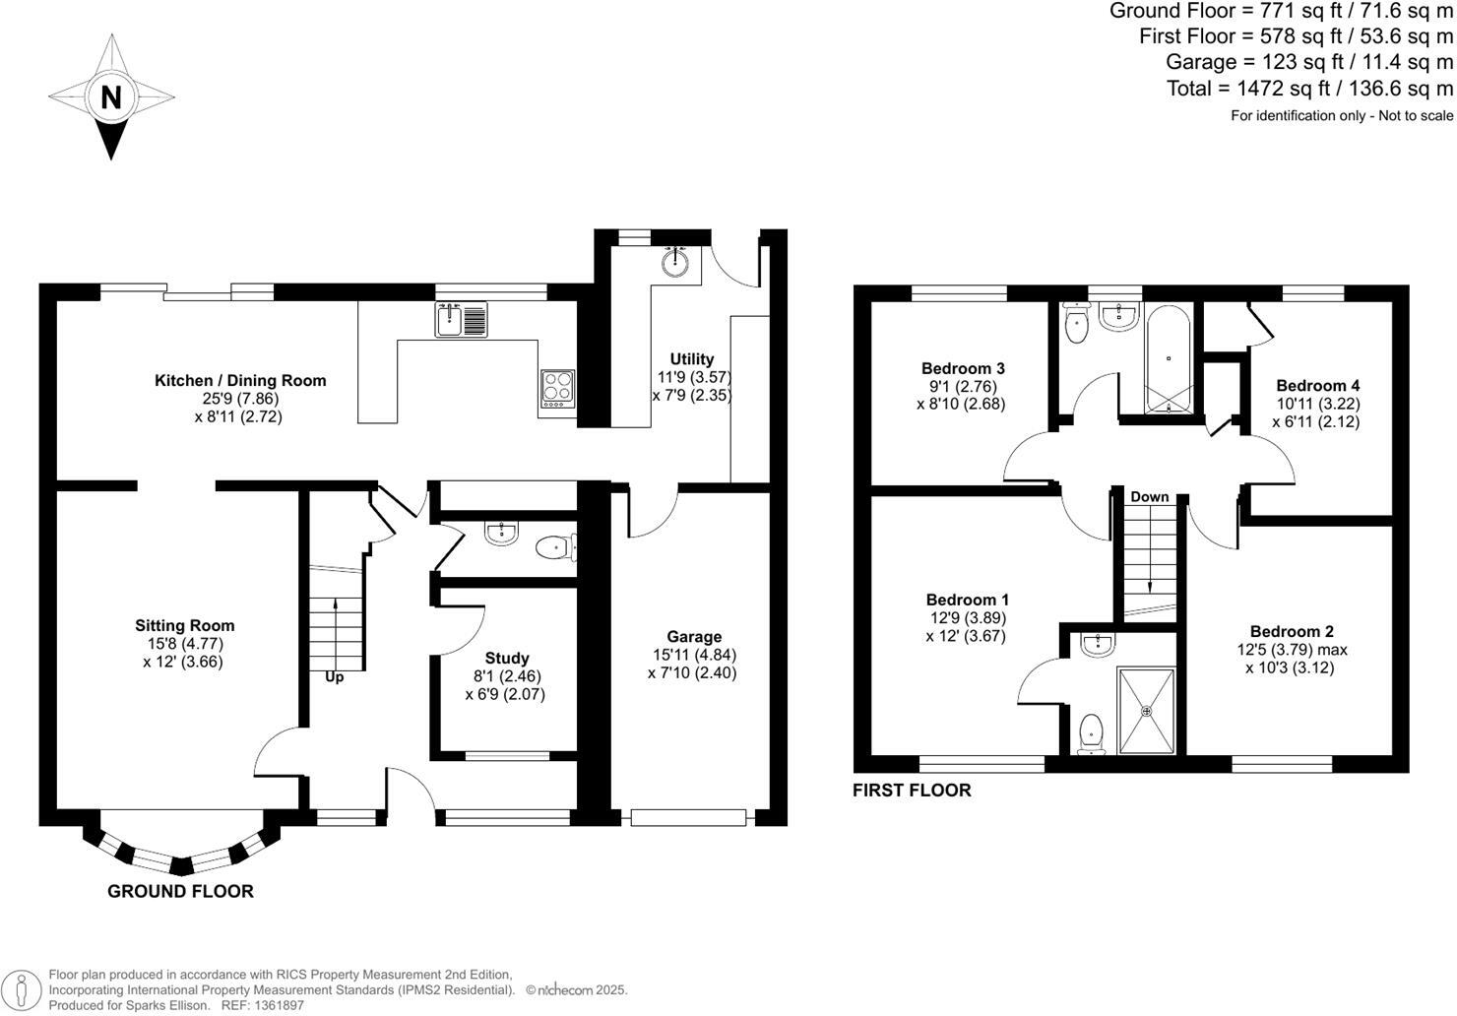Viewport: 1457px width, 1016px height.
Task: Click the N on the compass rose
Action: coord(111,97)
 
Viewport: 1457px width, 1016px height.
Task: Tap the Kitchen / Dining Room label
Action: coord(240,381)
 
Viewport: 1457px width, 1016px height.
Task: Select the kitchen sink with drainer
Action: coord(461,320)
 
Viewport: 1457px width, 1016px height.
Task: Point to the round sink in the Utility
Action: coord(675,263)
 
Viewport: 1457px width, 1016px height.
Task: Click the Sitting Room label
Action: coord(185,625)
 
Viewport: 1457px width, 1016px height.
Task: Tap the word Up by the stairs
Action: coord(335,677)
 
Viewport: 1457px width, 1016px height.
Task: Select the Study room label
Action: coord(507,659)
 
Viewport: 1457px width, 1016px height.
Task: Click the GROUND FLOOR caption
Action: coord(180,892)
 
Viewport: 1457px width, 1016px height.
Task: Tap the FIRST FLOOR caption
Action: coord(912,791)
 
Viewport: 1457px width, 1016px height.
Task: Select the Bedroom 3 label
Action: coord(963,368)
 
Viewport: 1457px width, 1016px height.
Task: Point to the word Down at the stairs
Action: coord(1149,497)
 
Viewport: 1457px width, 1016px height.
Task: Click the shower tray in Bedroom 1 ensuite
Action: coord(1146,711)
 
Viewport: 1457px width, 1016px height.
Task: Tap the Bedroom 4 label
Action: coord(1317,386)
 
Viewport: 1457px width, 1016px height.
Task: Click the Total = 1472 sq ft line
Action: coord(1309,89)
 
